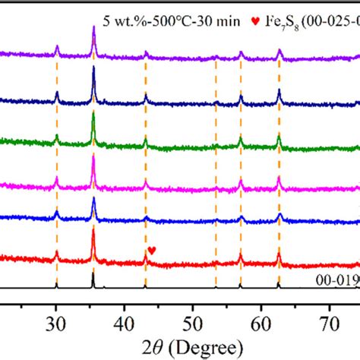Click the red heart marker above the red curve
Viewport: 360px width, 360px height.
(x=152, y=250)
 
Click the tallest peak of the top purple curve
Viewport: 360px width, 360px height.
(x=93, y=28)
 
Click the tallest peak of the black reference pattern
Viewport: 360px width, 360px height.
(x=93, y=275)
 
